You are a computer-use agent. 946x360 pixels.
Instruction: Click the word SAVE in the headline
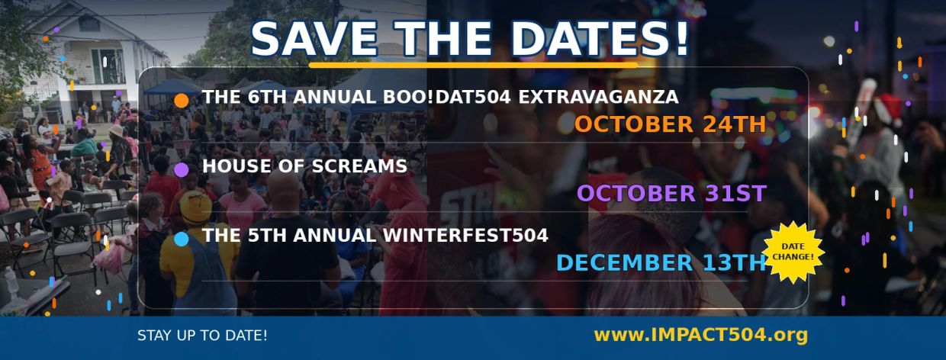(314, 38)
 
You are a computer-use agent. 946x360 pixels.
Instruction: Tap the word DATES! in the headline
(602, 38)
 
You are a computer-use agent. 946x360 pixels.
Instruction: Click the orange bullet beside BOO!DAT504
(181, 101)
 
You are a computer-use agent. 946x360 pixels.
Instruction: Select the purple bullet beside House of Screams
(181, 169)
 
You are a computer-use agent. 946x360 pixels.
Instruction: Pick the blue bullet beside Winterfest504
(181, 239)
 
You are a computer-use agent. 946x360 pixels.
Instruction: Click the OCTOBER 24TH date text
(671, 124)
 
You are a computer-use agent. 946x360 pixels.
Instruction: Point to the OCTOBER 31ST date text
(671, 194)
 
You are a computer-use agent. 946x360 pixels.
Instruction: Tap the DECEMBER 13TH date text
(661, 263)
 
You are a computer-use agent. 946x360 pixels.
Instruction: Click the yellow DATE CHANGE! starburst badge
(793, 252)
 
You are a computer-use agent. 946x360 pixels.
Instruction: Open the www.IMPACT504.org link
(700, 335)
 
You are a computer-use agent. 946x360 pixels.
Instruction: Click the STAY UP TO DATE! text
(202, 336)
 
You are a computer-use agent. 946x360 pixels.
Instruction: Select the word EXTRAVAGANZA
(598, 97)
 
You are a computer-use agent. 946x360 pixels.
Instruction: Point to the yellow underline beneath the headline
(474, 65)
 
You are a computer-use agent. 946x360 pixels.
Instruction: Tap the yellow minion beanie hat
(195, 207)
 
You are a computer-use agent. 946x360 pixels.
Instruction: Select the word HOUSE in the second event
(236, 166)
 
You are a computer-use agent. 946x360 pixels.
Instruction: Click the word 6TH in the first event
(267, 97)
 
